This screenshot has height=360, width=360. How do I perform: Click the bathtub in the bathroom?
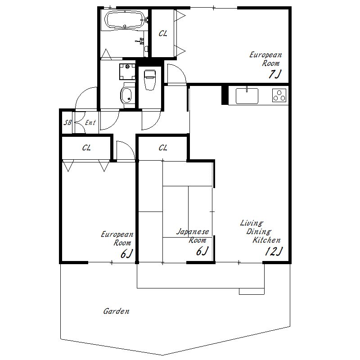[x=125, y=20]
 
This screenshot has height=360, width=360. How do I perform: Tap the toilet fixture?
[x=150, y=80]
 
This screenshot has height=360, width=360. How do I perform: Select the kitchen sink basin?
[x=247, y=96]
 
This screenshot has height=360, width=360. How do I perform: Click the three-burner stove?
[x=279, y=95]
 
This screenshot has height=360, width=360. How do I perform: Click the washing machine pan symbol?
[x=127, y=72]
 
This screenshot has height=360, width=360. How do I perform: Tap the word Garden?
[x=116, y=311]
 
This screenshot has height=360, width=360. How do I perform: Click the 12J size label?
[x=274, y=251]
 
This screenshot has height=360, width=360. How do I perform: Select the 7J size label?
[x=274, y=74]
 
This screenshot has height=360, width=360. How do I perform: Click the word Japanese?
[x=193, y=231]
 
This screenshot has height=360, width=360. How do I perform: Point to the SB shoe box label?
[x=67, y=122]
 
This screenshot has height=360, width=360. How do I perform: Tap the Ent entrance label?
[x=90, y=122]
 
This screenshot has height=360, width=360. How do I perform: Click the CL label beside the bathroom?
[x=163, y=33]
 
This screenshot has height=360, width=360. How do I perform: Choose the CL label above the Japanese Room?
[x=163, y=148]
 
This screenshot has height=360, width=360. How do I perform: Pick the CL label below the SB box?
[x=86, y=148]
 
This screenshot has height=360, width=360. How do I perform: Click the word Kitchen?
[x=266, y=240]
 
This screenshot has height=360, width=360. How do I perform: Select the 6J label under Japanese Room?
[x=202, y=251]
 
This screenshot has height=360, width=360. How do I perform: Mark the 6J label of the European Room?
[x=127, y=254]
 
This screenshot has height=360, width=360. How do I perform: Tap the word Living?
[x=252, y=223]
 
